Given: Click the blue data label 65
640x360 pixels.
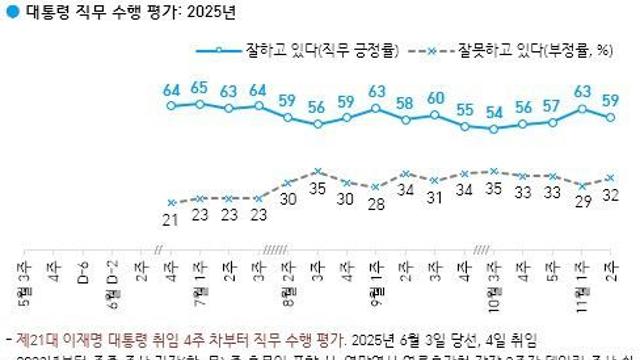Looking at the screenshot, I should (200, 87).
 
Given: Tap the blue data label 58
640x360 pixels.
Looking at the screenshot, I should (405, 103).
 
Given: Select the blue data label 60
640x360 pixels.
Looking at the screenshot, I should (435, 98).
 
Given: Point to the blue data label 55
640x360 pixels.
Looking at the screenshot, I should (464, 110).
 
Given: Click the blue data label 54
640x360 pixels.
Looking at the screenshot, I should (493, 112).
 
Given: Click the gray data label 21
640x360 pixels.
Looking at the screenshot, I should (171, 219).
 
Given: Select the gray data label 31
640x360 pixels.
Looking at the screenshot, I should (435, 197).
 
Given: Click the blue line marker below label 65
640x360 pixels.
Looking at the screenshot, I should (200, 103).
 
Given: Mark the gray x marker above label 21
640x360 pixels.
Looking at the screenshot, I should (171, 202).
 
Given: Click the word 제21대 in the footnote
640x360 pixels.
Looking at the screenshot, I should (29, 339).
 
